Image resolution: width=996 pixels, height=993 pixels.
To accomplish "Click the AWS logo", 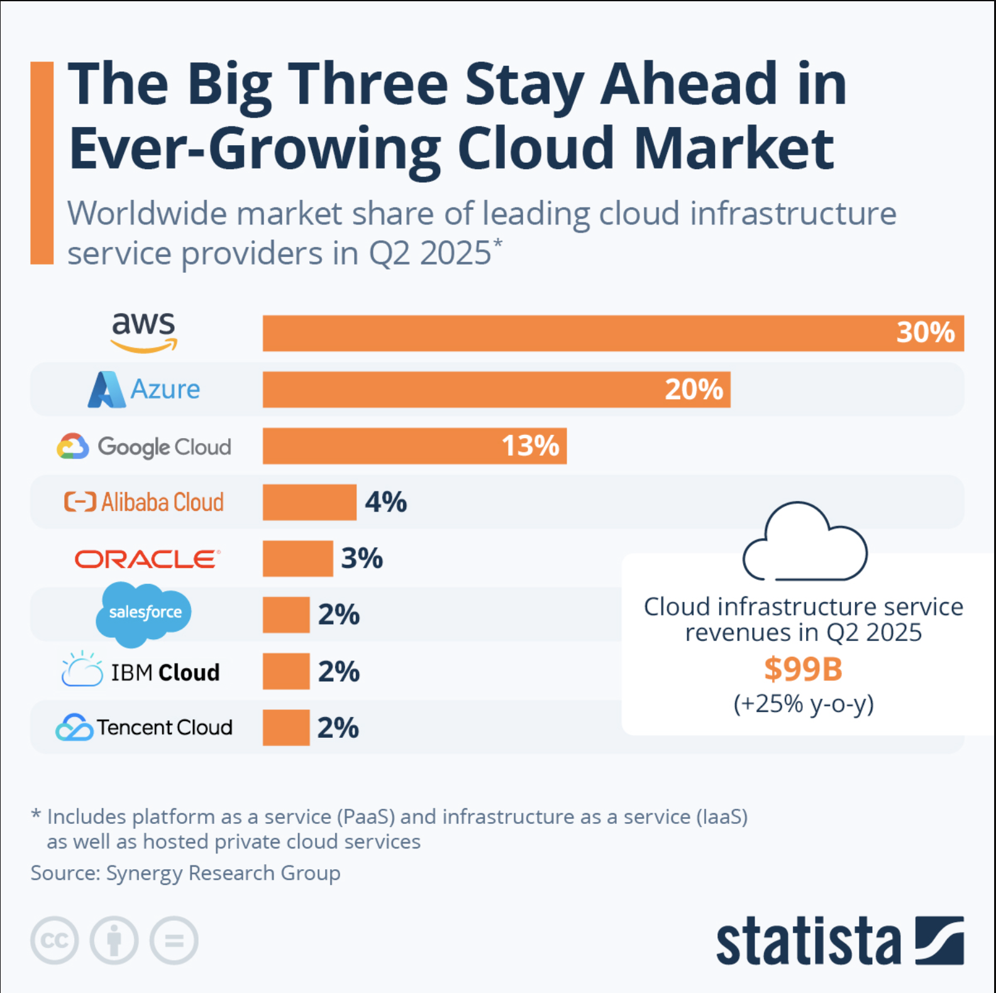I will tap(143, 331).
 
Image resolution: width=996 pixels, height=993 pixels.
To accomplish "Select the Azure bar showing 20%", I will tap(496, 389).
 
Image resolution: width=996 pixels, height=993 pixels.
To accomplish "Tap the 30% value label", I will tap(925, 332).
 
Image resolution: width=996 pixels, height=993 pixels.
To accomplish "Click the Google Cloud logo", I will tap(144, 446).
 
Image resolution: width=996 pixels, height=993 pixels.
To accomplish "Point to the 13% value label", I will tap(530, 446).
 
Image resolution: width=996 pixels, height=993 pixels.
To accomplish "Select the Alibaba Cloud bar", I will tap(309, 502).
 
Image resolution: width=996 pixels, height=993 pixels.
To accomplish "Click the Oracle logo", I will tap(147, 559).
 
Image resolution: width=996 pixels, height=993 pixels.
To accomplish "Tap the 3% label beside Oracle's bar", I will tap(362, 558).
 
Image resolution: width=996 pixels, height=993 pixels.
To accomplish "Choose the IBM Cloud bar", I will tap(286, 671).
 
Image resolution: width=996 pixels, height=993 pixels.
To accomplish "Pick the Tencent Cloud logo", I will tap(144, 727).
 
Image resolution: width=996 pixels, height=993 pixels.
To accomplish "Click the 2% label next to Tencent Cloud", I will tap(338, 728).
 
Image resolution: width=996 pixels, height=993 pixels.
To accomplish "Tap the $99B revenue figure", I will tap(803, 669).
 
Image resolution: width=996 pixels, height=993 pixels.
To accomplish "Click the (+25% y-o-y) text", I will tap(803, 703).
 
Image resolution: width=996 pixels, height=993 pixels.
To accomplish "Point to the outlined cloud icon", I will tap(804, 542).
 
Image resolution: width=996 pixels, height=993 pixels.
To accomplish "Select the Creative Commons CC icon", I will tap(55, 940).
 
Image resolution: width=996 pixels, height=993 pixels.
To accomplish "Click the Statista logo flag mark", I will tap(939, 940).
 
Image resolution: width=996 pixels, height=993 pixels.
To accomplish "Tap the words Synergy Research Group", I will tap(223, 873).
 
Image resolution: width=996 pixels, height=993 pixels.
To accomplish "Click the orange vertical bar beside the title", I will tap(42, 163).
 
